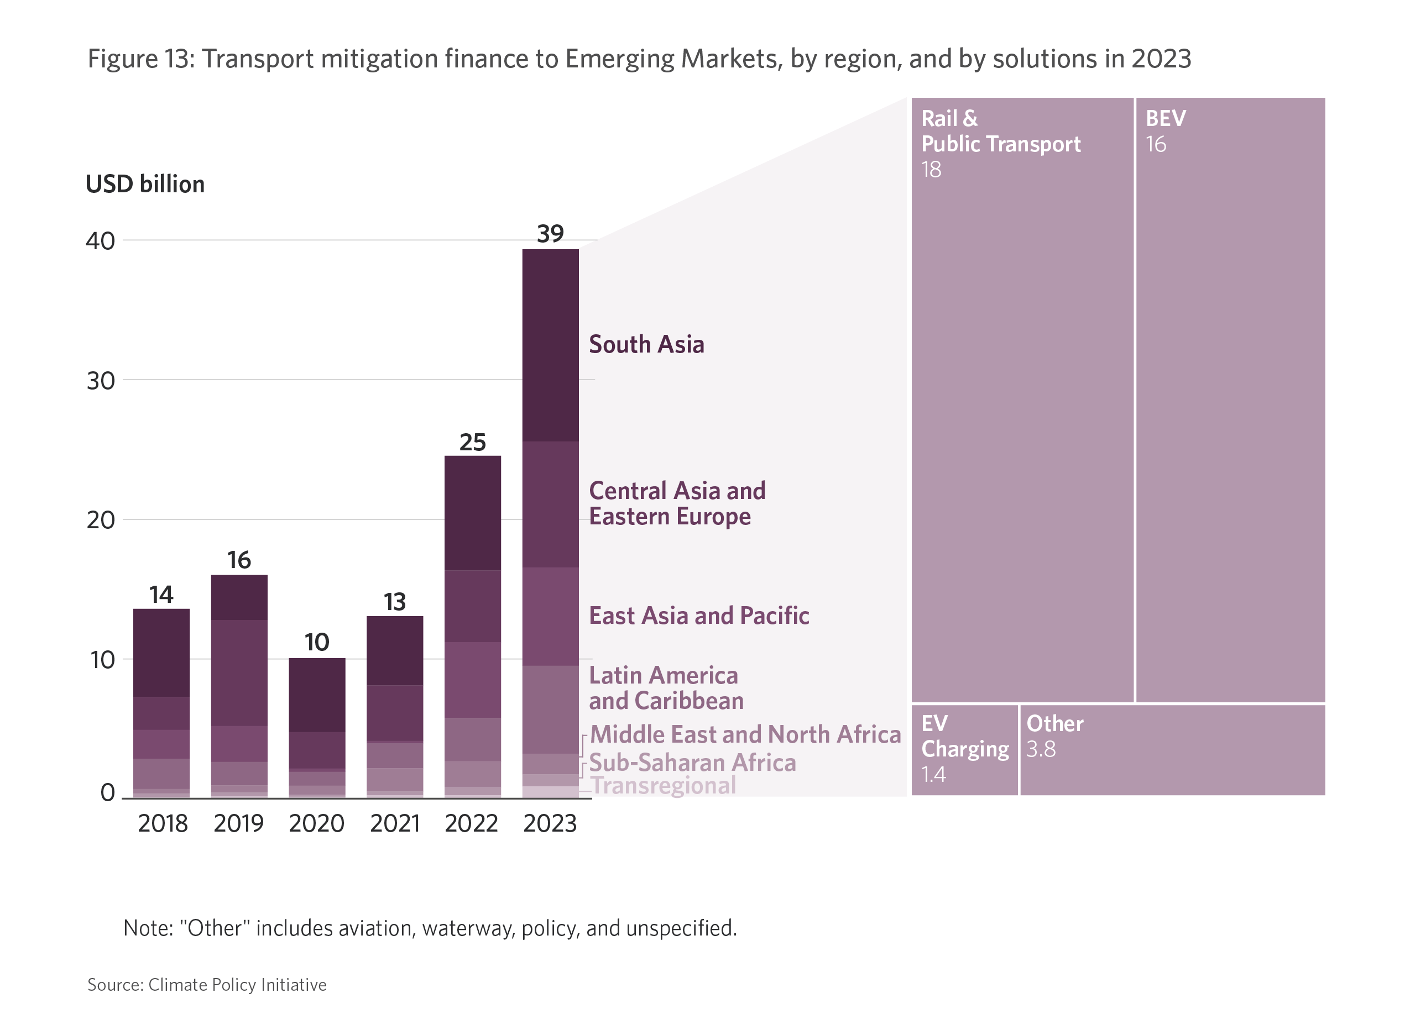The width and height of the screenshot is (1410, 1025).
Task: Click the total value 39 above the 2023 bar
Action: click(550, 234)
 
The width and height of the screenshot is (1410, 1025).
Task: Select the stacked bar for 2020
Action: click(317, 727)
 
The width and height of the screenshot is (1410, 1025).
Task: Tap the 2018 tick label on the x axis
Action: click(162, 824)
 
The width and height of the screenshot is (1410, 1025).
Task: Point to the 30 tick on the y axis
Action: click(101, 381)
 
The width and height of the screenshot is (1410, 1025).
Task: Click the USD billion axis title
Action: click(145, 185)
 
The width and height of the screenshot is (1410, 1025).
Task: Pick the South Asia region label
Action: click(646, 344)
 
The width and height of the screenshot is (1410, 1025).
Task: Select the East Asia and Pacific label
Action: click(699, 616)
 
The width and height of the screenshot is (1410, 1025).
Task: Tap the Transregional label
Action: click(664, 786)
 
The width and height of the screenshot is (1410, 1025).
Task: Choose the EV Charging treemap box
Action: click(964, 750)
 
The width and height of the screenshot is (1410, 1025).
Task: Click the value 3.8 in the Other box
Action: click(1041, 750)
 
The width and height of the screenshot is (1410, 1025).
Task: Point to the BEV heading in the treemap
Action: click(1166, 118)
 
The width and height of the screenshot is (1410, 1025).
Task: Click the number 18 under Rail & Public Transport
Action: click(931, 170)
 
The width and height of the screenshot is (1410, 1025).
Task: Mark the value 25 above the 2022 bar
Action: click(472, 442)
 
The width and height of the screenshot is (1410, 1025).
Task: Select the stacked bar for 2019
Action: click(239, 686)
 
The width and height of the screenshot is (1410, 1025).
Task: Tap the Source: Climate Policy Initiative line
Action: click(207, 985)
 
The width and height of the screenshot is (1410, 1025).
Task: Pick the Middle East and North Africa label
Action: click(745, 734)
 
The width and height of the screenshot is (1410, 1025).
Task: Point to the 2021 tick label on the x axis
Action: click(395, 824)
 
